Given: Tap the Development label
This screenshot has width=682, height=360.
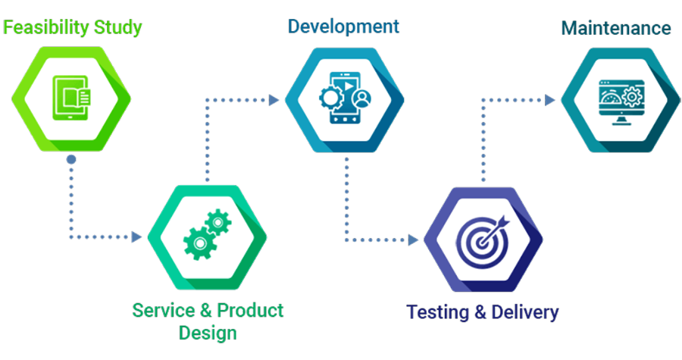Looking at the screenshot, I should click(x=343, y=26).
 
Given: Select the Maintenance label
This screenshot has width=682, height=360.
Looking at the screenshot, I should click(x=615, y=28).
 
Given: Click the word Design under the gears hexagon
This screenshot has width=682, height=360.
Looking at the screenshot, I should click(x=208, y=331).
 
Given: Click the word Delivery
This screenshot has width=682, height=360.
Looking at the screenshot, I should click(x=524, y=312).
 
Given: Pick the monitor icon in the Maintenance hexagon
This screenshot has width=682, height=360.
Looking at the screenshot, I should click(x=617, y=99).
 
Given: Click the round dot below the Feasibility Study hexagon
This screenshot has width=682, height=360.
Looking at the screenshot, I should click(x=70, y=160).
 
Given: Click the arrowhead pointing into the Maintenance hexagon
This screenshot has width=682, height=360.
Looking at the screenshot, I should click(x=550, y=99).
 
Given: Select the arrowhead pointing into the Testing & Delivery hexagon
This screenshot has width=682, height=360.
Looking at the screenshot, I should click(x=414, y=239).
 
